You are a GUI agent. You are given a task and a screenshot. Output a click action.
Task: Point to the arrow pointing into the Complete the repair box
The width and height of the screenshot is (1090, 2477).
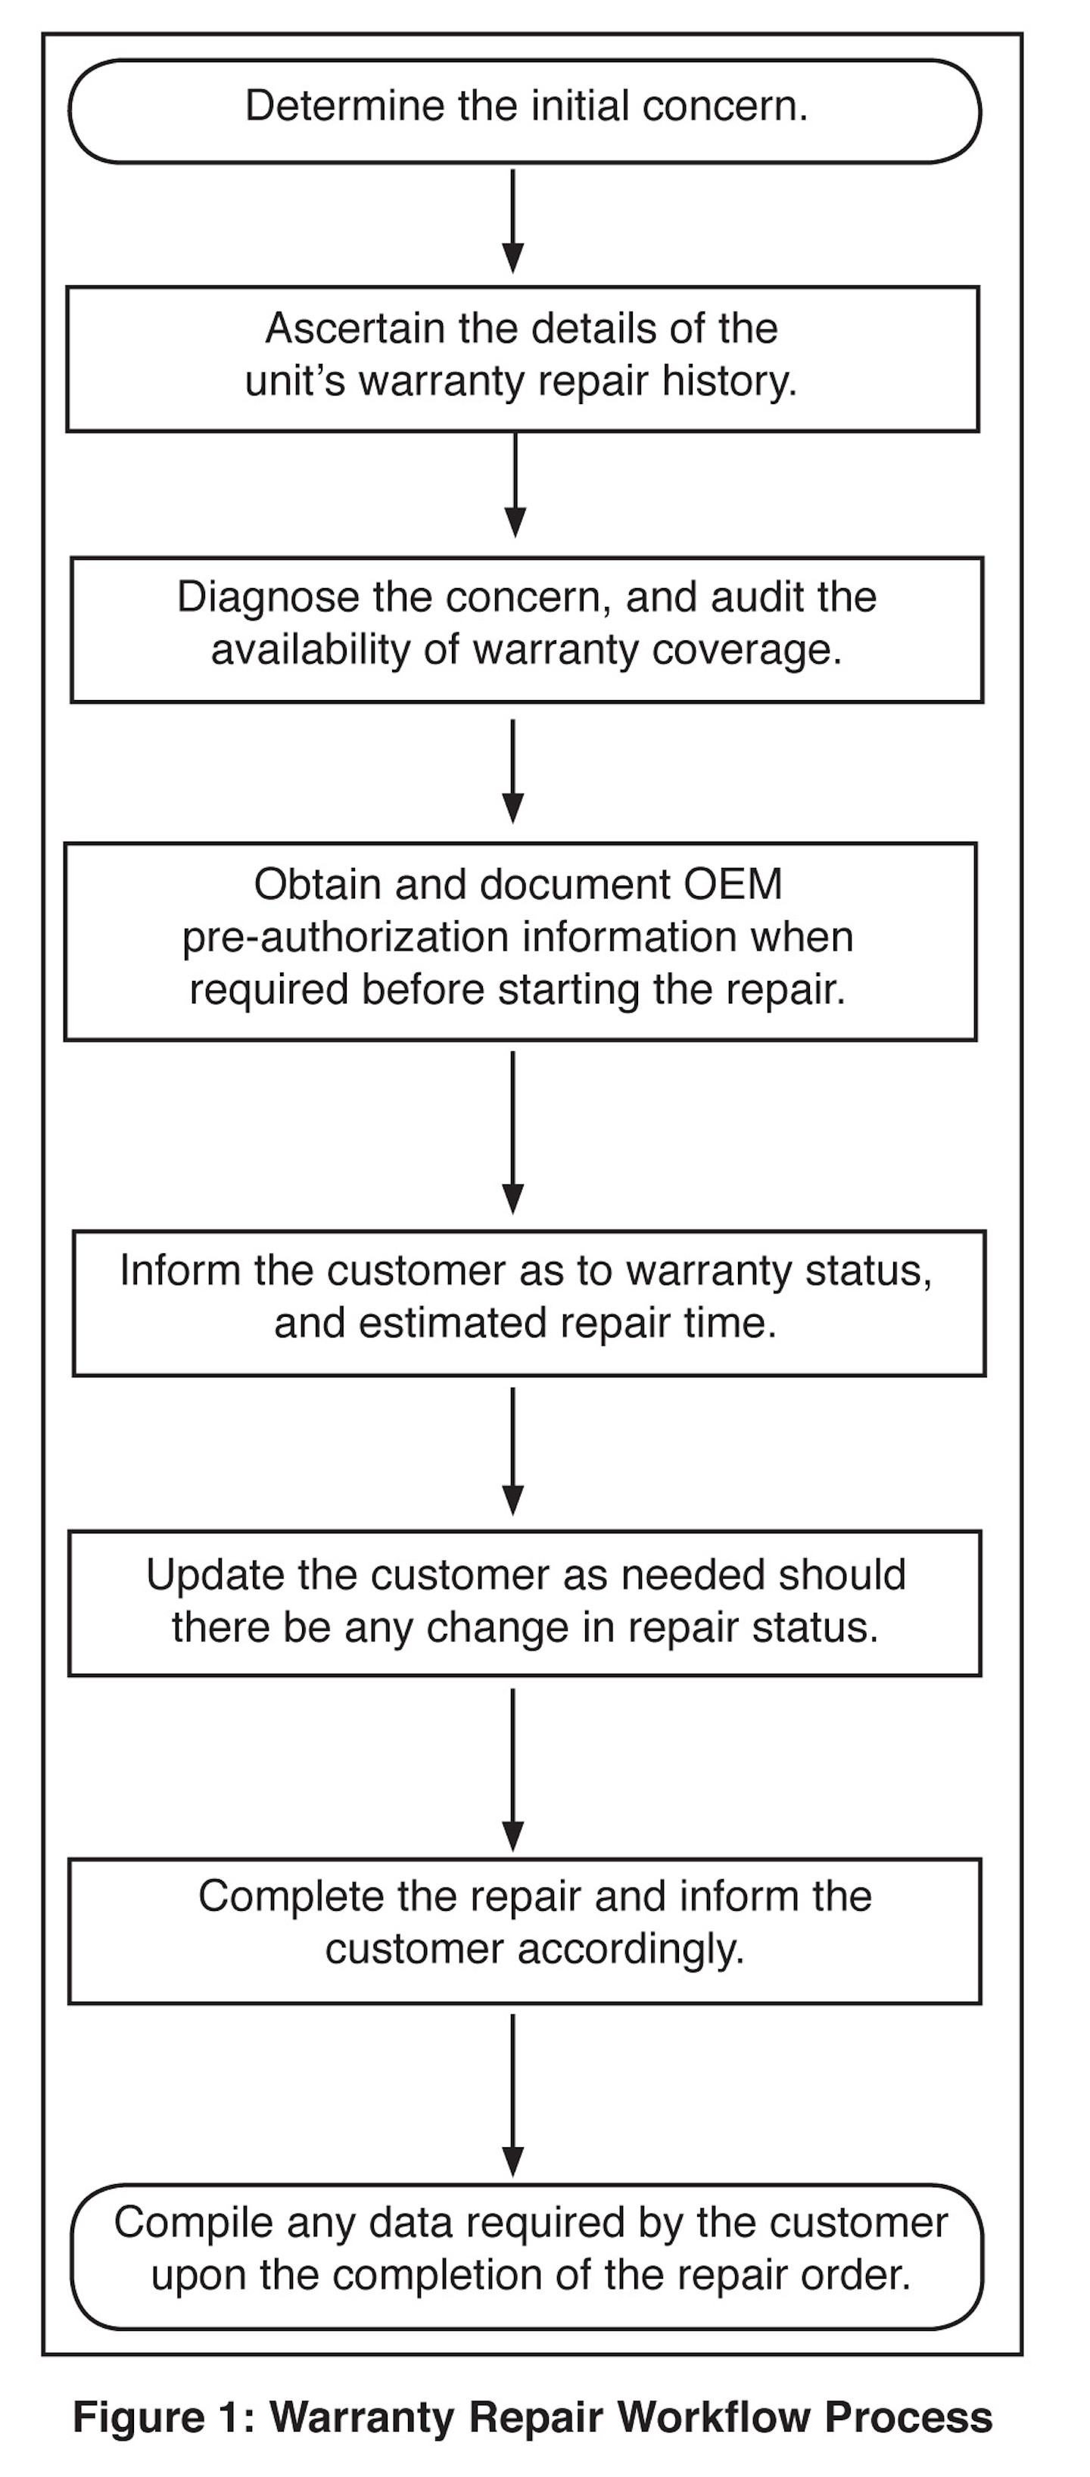(x=514, y=1769)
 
